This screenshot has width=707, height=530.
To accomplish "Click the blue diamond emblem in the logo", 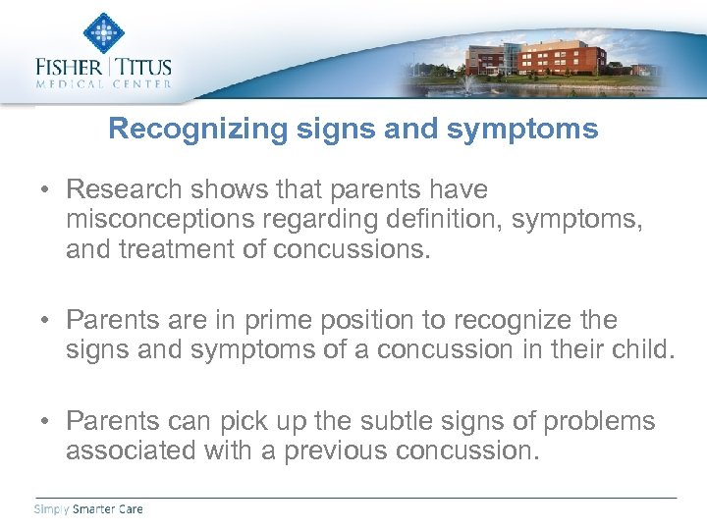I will [102, 33].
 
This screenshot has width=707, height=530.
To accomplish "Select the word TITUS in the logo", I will [145, 68].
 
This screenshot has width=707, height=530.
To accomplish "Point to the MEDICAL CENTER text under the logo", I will [103, 84].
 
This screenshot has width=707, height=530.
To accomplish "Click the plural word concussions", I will [353, 249].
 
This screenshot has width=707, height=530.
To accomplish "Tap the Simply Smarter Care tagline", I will [89, 509].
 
